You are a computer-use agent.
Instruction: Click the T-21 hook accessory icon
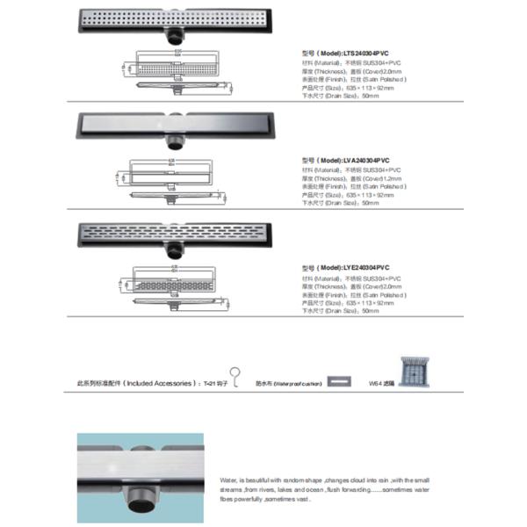coord(235,375)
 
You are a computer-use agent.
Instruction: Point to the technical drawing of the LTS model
coord(176,71)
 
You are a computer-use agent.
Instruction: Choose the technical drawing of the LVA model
coord(176,176)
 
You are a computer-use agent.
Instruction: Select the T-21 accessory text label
coord(215,384)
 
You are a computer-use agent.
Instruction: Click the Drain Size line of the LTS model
coord(340,96)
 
